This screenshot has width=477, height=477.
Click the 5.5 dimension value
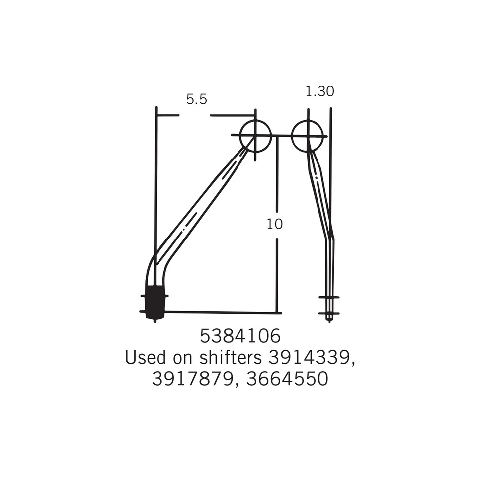click(196, 99)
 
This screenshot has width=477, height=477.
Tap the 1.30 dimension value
click(319, 91)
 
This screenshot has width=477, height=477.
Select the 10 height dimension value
click(275, 224)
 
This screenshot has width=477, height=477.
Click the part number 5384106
click(240, 336)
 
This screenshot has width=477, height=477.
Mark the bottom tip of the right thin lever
click(329, 320)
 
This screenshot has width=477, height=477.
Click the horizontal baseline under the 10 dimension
click(224, 312)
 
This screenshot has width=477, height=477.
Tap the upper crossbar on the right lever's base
click(329, 297)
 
